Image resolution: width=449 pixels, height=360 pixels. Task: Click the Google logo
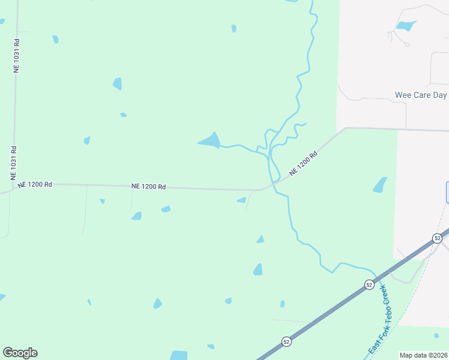[x=20, y=353]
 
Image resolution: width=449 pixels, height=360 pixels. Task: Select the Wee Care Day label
[x=421, y=95]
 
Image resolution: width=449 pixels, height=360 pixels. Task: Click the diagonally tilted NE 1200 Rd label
[x=303, y=163]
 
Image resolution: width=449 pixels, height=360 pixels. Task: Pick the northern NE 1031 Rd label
[x=17, y=56]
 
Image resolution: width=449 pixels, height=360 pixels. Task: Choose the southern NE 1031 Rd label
[x=13, y=163]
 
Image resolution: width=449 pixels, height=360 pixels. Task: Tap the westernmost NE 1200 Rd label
[x=35, y=185]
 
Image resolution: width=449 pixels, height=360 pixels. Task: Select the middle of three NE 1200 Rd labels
[x=148, y=187]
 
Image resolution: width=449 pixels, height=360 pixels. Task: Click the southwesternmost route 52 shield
[x=286, y=341]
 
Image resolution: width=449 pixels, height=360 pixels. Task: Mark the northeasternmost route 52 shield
[x=437, y=238]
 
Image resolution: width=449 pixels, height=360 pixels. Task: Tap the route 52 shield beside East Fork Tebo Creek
[x=369, y=284]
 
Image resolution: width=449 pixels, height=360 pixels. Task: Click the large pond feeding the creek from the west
[x=210, y=141]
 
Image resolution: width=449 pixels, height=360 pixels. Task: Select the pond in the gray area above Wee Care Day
[x=406, y=26]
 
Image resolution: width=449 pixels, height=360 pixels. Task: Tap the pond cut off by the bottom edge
[x=178, y=355]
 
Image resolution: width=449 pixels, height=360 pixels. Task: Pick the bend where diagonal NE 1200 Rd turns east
[x=345, y=128]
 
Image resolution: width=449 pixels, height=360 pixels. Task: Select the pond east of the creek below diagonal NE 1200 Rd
[x=380, y=185]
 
